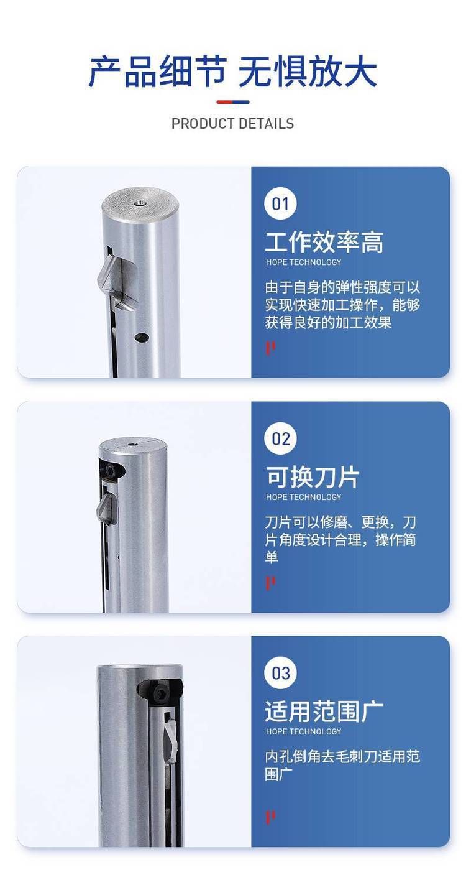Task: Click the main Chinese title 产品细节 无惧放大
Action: (232, 72)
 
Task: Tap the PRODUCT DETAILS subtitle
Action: (232, 124)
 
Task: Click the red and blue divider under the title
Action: (233, 102)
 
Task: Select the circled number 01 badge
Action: (280, 204)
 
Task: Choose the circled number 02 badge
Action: (280, 438)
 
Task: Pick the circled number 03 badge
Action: (280, 673)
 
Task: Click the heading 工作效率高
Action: (324, 242)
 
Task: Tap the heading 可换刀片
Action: (313, 477)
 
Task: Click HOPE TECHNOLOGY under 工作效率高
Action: (303, 262)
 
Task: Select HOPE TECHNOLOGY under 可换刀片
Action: (303, 497)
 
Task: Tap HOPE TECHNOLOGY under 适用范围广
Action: (303, 731)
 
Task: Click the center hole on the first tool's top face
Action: (139, 203)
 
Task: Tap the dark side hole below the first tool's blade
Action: (142, 338)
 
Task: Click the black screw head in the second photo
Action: (112, 471)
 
